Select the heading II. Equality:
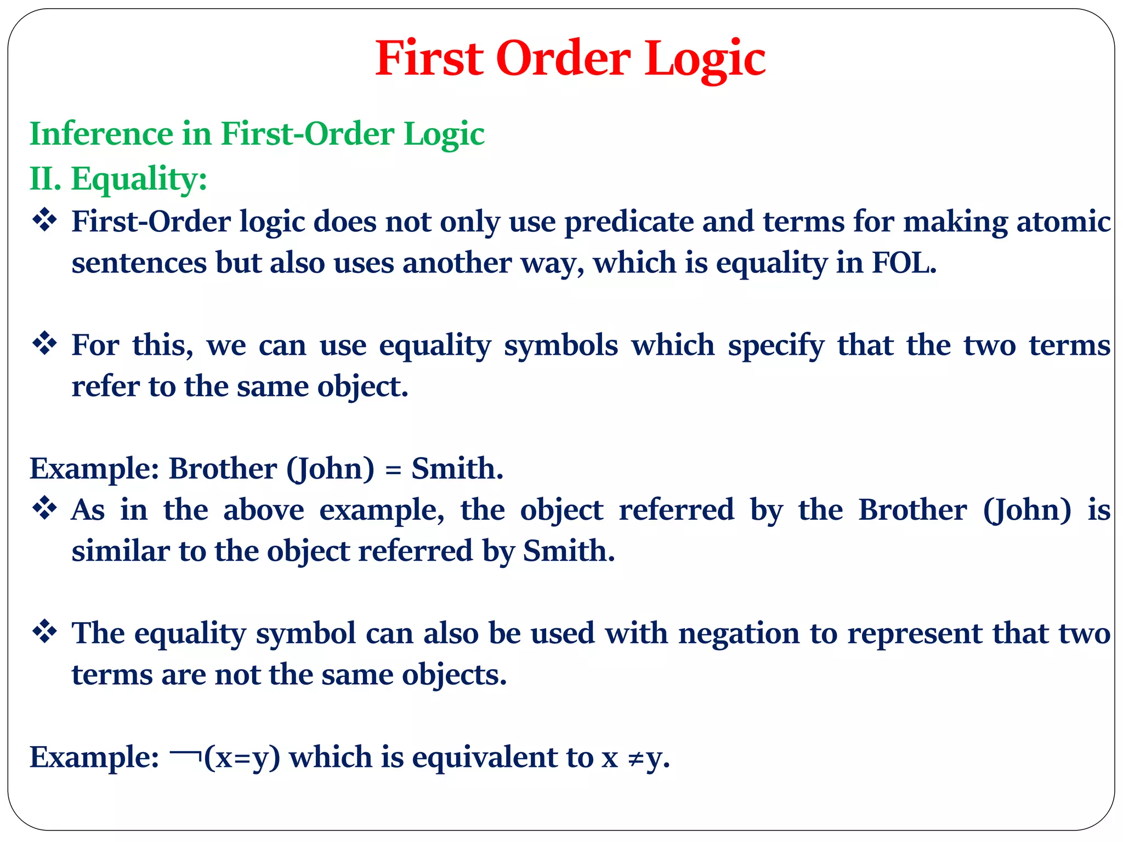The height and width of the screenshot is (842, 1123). click(118, 179)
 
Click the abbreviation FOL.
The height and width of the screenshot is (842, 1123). click(903, 263)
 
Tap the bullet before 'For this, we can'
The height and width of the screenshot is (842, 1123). click(45, 344)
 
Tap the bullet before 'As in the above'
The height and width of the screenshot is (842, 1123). click(45, 509)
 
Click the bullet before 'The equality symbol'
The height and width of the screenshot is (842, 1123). click(45, 632)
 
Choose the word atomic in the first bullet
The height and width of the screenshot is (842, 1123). click(1063, 222)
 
